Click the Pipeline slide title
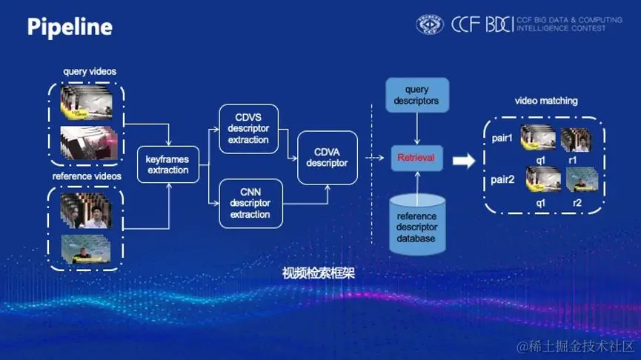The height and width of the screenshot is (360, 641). [x=70, y=27]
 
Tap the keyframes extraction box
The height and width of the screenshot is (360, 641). [x=167, y=164]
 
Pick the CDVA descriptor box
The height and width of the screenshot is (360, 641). [x=327, y=157]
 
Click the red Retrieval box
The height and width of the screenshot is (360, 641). [x=416, y=158]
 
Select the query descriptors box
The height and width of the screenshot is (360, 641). [x=416, y=95]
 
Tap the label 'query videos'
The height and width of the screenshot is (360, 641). [x=90, y=71]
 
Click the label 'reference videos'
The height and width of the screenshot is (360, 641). [x=86, y=176]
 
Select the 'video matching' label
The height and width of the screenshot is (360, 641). [x=546, y=101]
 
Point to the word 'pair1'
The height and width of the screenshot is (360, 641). [x=502, y=138]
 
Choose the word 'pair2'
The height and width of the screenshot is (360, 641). [x=502, y=179]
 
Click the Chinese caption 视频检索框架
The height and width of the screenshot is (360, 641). [x=319, y=273]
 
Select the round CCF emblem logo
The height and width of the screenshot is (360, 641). [x=430, y=25]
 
